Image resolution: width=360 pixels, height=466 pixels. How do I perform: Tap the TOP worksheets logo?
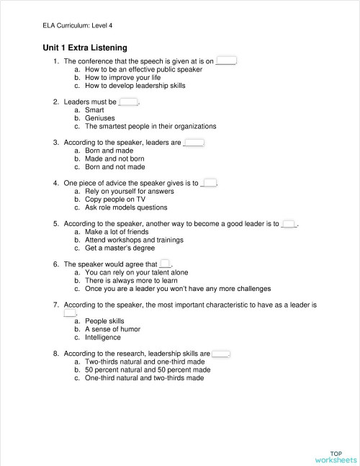click(x=336, y=456)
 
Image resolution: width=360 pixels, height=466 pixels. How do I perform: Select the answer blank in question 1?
click(x=225, y=62)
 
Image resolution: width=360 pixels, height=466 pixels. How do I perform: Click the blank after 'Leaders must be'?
click(x=128, y=102)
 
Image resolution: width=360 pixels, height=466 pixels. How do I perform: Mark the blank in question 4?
click(x=210, y=183)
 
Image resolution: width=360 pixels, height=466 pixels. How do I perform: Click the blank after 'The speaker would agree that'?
click(x=165, y=264)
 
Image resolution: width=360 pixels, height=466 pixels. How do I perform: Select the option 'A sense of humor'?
click(x=112, y=329)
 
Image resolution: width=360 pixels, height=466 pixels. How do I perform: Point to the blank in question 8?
click(x=220, y=354)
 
